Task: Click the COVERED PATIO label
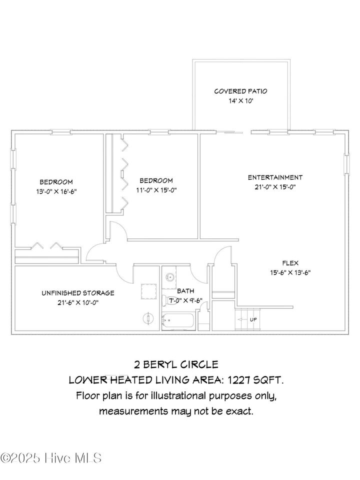tap(240, 91)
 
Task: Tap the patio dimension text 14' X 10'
tap(240, 101)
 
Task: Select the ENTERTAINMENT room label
tap(275, 177)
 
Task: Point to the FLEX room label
tap(290, 262)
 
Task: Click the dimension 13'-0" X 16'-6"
tap(56, 191)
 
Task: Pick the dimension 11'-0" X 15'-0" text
tap(156, 190)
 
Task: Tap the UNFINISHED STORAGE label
tap(77, 293)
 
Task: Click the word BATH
tap(185, 290)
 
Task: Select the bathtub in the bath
tap(178, 321)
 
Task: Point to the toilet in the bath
tap(165, 300)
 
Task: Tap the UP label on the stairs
tap(253, 319)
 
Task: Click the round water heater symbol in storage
tap(148, 317)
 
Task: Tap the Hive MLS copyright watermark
tap(51, 457)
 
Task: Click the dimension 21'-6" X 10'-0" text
tap(77, 302)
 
